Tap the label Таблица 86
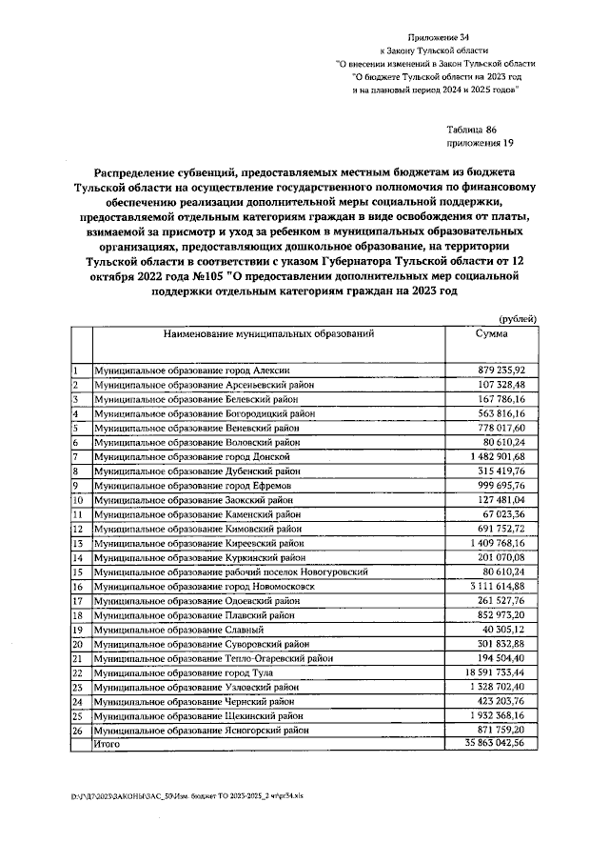point(470,129)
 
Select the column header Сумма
point(491,334)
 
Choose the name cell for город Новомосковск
point(204,588)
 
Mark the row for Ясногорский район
point(202,731)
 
